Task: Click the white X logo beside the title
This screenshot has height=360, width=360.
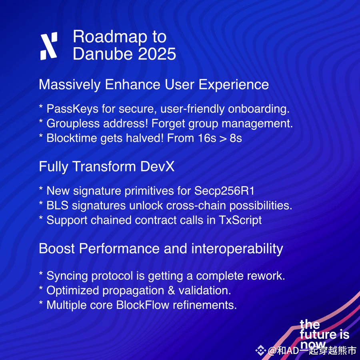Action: pyautogui.click(x=49, y=46)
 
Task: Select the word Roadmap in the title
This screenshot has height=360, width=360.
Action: pyautogui.click(x=110, y=37)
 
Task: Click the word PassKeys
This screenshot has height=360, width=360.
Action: pyautogui.click(x=72, y=108)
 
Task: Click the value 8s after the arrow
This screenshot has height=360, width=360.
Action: pyautogui.click(x=236, y=138)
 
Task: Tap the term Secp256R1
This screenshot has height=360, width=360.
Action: pyautogui.click(x=224, y=191)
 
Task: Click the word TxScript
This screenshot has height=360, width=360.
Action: pyautogui.click(x=240, y=220)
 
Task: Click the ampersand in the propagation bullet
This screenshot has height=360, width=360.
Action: pyautogui.click(x=171, y=290)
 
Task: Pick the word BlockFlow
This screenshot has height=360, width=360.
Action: pyautogui.click(x=142, y=305)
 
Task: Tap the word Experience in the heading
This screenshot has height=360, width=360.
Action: pyautogui.click(x=234, y=85)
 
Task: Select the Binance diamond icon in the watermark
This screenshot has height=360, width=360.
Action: pyautogui.click(x=260, y=350)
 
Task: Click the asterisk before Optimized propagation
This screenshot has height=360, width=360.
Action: pyautogui.click(x=41, y=288)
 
